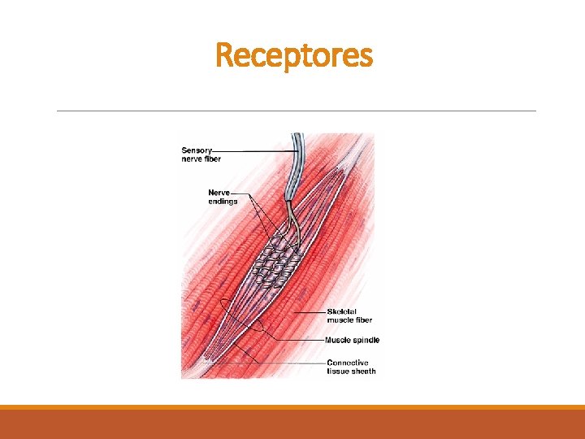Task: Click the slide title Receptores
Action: [294, 56]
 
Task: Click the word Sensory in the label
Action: [196, 150]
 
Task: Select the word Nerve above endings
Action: [219, 193]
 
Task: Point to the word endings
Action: [223, 202]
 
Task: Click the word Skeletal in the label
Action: [343, 311]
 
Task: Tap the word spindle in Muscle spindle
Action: [366, 340]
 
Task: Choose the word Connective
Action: [347, 363]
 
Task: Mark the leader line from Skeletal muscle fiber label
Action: [313, 311]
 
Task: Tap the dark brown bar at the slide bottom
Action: [292, 424]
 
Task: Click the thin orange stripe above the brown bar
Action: [292, 407]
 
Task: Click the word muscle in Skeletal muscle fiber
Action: [341, 320]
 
